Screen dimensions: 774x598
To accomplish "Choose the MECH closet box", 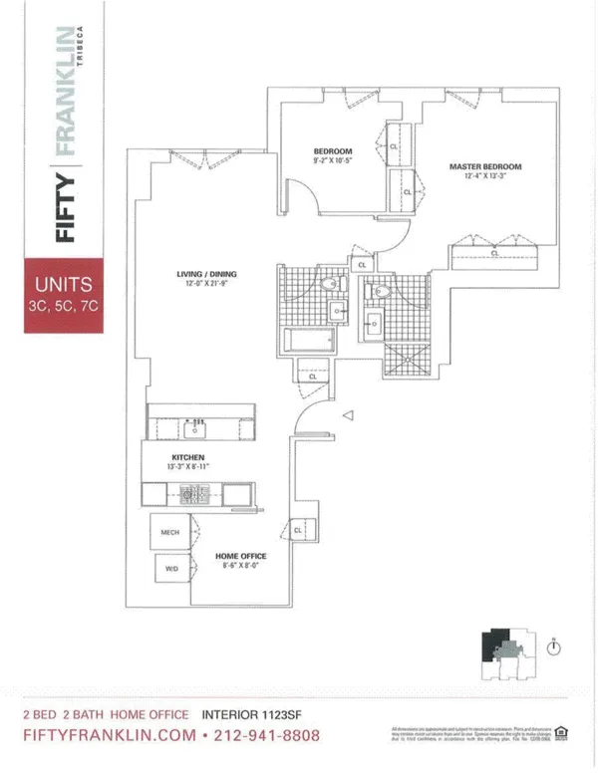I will coord(169,533).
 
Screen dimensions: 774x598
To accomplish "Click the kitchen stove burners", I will coord(187,492).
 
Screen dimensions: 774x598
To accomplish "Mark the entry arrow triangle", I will coord(348,414).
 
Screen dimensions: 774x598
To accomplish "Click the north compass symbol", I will coord(554,646).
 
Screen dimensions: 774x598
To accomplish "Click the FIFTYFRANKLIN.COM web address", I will coord(108,736).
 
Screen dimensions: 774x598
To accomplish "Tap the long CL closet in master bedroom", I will coord(495,254).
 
